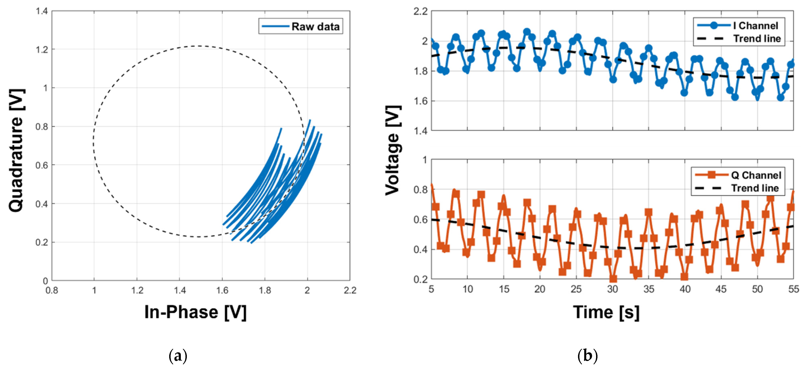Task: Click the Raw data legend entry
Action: point(315,27)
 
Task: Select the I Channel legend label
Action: point(755,26)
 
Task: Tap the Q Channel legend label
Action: point(756,175)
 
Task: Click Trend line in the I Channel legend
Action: point(757,39)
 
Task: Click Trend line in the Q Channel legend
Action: point(755,188)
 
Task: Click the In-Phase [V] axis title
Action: point(195,312)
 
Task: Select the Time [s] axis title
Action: point(606,312)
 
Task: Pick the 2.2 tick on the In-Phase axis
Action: point(350,291)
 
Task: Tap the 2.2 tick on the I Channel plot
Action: point(420,12)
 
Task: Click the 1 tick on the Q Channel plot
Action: point(425,160)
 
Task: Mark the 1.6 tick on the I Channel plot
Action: point(420,101)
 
